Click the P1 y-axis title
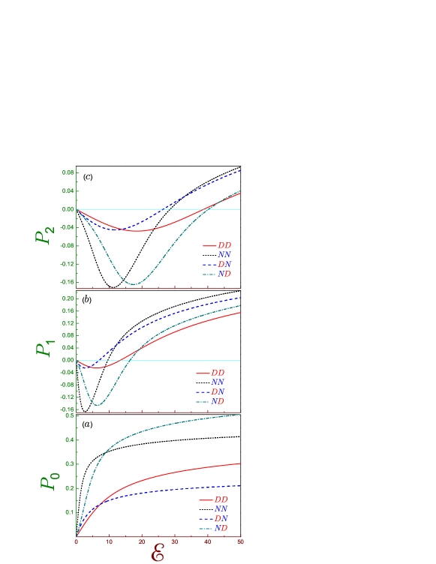tap(44, 349)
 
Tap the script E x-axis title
tap(158, 553)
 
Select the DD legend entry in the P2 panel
tap(224, 245)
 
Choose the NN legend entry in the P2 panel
tap(224, 255)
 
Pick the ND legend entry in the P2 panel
tap(224, 274)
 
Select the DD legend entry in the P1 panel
tap(217, 373)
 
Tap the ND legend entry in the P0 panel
tap(221, 529)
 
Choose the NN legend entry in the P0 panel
tap(221, 509)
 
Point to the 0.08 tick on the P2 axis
tap(68, 173)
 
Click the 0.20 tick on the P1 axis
tap(68, 298)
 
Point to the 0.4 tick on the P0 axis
tap(69, 440)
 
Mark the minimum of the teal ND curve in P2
tap(134, 284)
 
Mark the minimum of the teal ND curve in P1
tap(96, 405)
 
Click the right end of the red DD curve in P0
tap(240, 463)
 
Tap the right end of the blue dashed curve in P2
tap(240, 171)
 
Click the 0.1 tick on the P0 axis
tap(69, 512)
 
